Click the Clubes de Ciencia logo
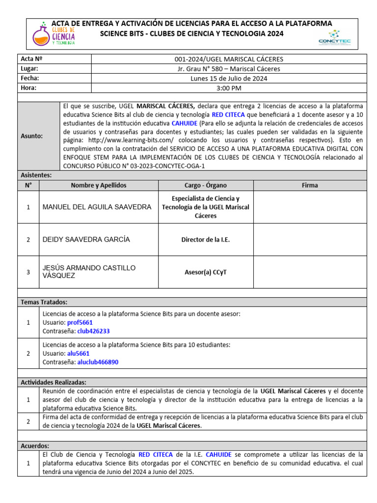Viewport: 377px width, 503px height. (x=54, y=33)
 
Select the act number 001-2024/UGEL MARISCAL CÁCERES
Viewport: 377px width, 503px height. (x=229, y=59)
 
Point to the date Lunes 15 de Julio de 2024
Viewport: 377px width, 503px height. (x=229, y=78)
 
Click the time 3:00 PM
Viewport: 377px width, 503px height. (x=229, y=88)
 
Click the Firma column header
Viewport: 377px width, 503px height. (x=310, y=185)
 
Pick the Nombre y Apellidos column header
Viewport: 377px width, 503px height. (x=99, y=185)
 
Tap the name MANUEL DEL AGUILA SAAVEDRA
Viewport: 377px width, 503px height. (x=97, y=207)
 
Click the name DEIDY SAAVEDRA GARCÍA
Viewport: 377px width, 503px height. (x=86, y=239)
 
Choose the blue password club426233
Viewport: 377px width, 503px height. (x=93, y=331)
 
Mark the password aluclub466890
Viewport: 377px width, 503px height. (x=98, y=362)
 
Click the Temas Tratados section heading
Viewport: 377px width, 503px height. (x=44, y=302)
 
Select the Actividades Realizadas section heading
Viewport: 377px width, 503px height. (x=54, y=382)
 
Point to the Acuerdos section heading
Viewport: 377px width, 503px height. (x=35, y=446)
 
